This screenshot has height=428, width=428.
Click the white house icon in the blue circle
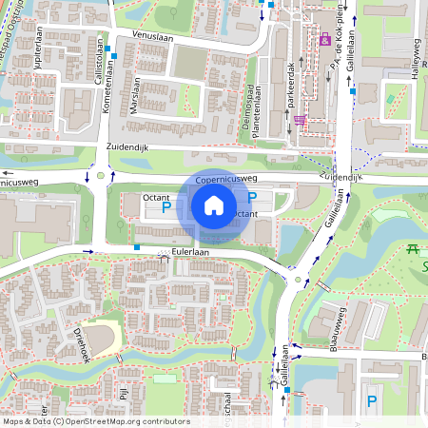tap(214, 205)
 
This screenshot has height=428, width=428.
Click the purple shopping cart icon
tap(302, 120)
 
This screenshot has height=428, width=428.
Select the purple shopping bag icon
tap(325, 40)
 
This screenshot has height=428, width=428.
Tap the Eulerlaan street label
tap(189, 251)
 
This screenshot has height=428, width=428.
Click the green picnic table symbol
tap(413, 249)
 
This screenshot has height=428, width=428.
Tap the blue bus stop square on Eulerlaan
tap(137, 247)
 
